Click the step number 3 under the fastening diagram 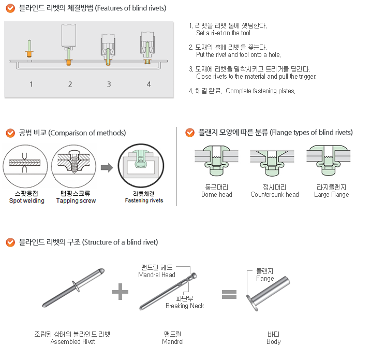point(109,84)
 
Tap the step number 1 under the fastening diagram point(31,84)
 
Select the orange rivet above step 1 point(29,49)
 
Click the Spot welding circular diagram point(25,166)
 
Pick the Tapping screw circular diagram point(74,166)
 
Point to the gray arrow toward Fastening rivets point(107,168)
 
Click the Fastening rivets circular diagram point(141,166)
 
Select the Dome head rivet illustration point(216,161)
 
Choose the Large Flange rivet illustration point(329,161)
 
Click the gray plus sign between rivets point(120,292)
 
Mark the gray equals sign point(229,294)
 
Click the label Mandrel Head point(157,275)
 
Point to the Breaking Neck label point(185,306)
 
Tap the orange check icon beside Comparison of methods point(10,133)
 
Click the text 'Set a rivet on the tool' point(223,33)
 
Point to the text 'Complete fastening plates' point(260,91)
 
